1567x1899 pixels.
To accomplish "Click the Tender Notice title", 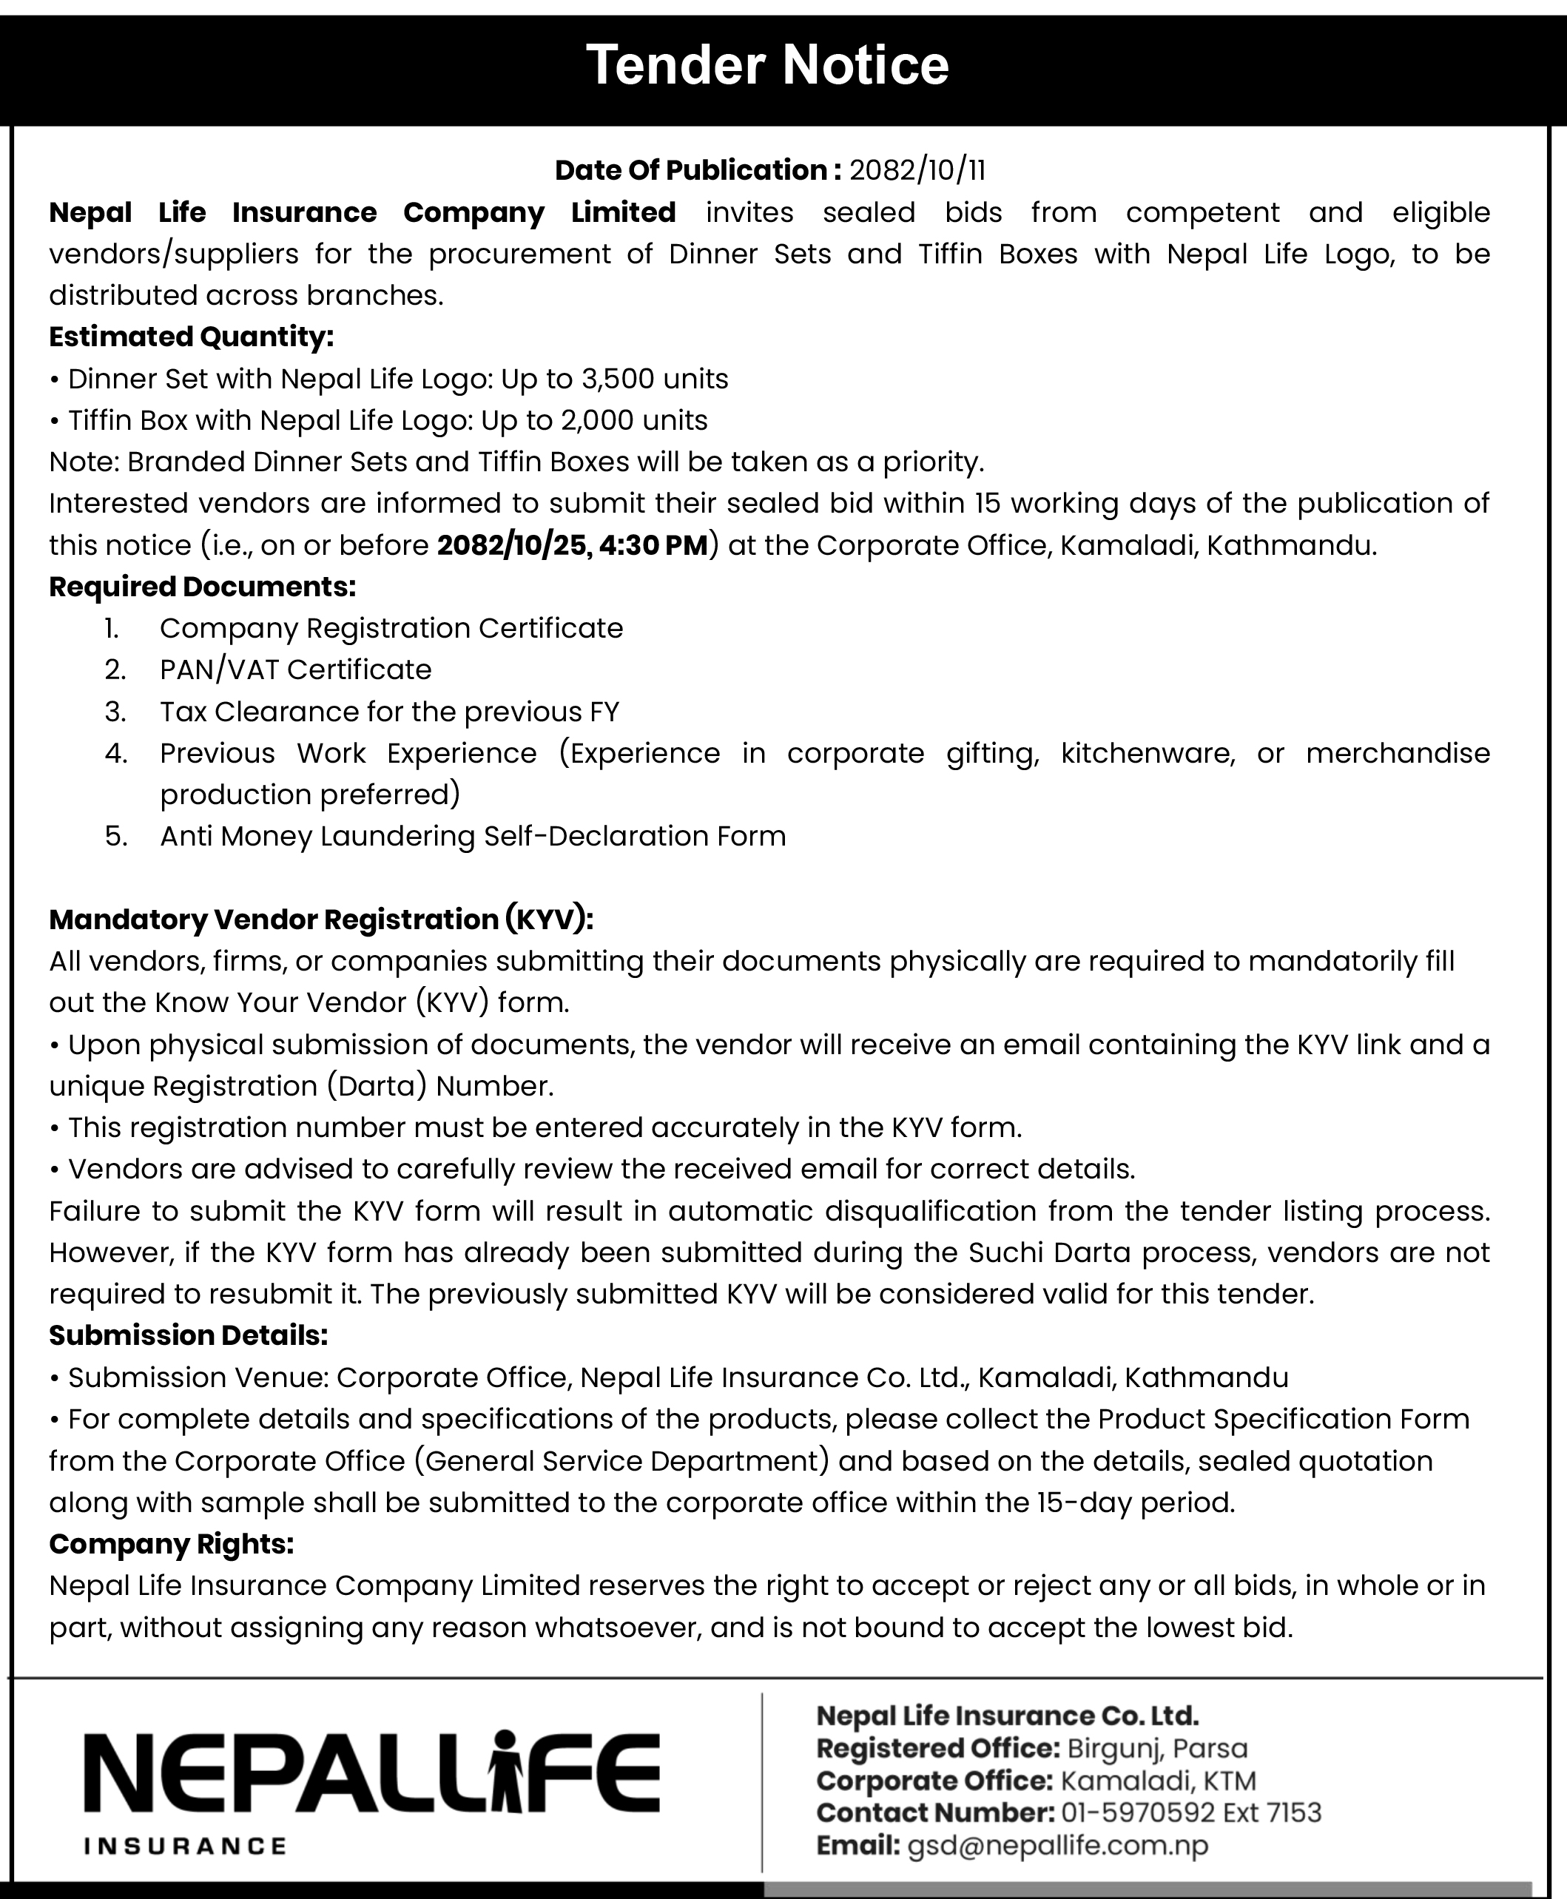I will tap(767, 65).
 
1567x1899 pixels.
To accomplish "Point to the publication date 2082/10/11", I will tap(917, 169).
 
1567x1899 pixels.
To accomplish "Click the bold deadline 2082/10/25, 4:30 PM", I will tap(573, 545).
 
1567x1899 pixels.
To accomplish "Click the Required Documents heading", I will tap(202, 587).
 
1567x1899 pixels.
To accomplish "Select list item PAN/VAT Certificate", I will tap(295, 669).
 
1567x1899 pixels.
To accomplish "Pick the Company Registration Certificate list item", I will tap(391, 628).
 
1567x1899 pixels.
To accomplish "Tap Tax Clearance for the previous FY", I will tap(389, 712).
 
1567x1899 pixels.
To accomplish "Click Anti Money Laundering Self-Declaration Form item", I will tap(472, 836).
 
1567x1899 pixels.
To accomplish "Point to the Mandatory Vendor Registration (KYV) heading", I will tap(320, 919).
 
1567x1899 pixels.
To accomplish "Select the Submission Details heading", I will tap(188, 1335).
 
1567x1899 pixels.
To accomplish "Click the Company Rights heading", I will tap(172, 1545).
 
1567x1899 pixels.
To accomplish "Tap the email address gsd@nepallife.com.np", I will tap(1057, 1846).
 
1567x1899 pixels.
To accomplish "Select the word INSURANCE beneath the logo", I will tap(185, 1846).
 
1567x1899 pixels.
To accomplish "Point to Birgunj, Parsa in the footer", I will tap(1156, 1748).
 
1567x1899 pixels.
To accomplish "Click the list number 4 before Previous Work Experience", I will tap(115, 754).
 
